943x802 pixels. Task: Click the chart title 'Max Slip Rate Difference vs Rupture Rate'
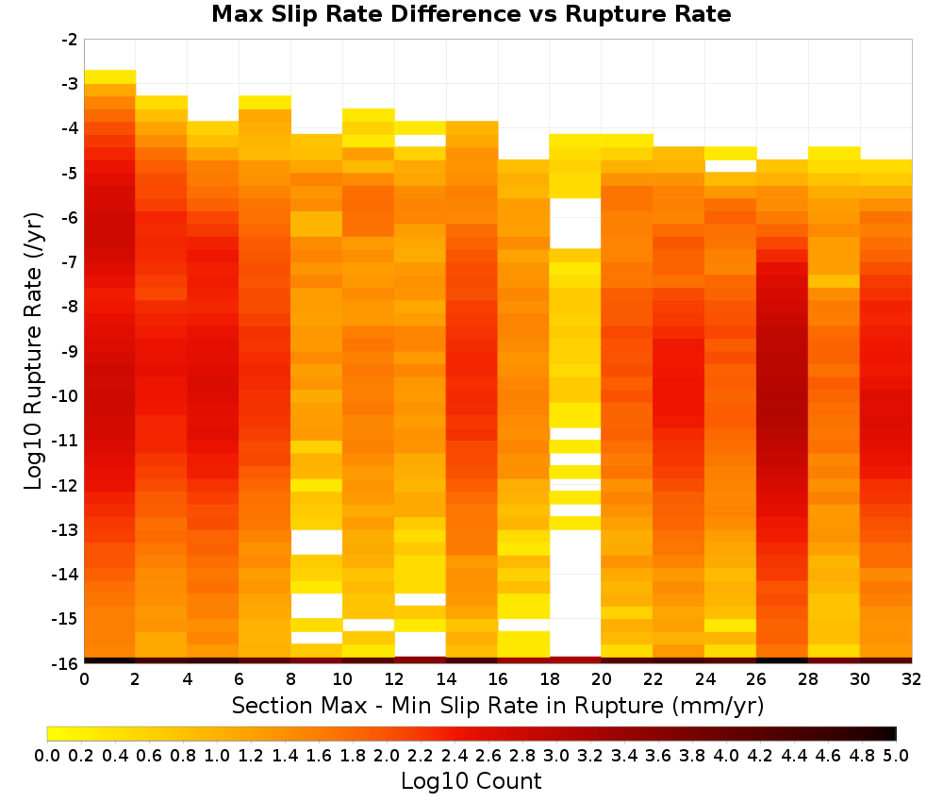click(x=471, y=14)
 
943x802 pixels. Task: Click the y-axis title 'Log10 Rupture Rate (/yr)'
click(x=34, y=351)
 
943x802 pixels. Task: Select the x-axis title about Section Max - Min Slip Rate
click(x=497, y=706)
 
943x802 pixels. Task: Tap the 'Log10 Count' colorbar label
click(x=471, y=781)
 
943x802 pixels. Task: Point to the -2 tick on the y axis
click(x=71, y=40)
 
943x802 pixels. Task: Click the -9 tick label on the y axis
click(x=71, y=351)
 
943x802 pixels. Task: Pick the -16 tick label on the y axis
click(x=66, y=663)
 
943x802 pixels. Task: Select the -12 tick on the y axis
click(x=66, y=485)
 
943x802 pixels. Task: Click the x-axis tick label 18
click(x=550, y=679)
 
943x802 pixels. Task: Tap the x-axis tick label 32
click(x=912, y=679)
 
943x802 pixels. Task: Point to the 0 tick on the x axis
click(x=84, y=679)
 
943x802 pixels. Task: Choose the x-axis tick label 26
click(x=756, y=679)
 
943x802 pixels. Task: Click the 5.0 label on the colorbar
click(x=896, y=755)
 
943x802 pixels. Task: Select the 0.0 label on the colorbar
click(x=47, y=755)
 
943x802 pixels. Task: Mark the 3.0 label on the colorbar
click(x=556, y=755)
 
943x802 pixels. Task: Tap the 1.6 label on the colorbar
click(x=319, y=755)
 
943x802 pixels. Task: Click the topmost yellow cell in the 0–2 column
click(x=110, y=77)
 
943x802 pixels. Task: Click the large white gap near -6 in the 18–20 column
click(x=575, y=224)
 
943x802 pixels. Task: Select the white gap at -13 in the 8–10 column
click(x=317, y=543)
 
